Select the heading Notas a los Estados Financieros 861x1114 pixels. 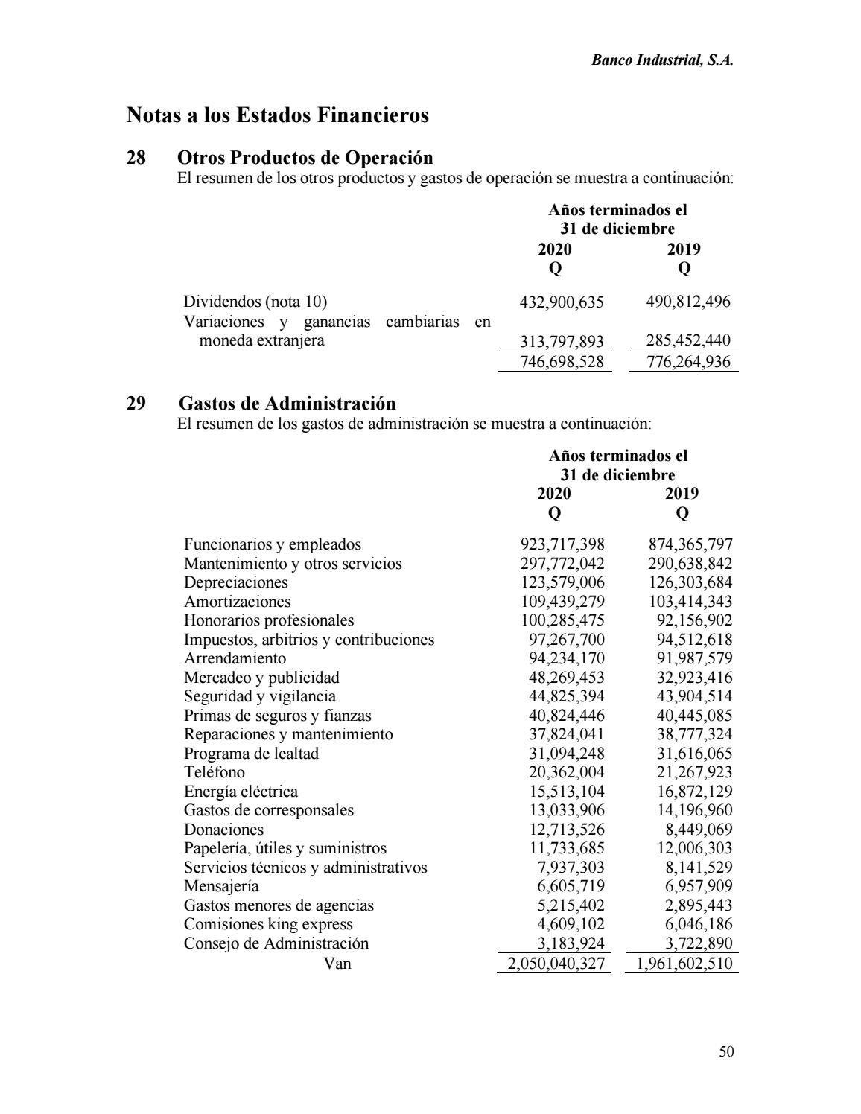(x=278, y=115)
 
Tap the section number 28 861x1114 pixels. (x=136, y=158)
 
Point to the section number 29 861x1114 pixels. (x=136, y=404)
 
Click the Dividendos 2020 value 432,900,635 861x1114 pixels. (x=561, y=302)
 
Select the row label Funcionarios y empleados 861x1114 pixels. (x=273, y=544)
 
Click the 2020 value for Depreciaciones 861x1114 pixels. (x=562, y=582)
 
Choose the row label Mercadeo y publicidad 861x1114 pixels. (x=261, y=678)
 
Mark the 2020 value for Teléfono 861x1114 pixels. (x=566, y=772)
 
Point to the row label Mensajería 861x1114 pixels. (x=222, y=886)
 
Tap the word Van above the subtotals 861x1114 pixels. (x=338, y=963)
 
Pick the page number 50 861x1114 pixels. (x=727, y=1051)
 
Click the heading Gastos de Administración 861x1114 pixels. (x=287, y=404)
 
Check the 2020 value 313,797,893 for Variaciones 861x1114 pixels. (x=561, y=342)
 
